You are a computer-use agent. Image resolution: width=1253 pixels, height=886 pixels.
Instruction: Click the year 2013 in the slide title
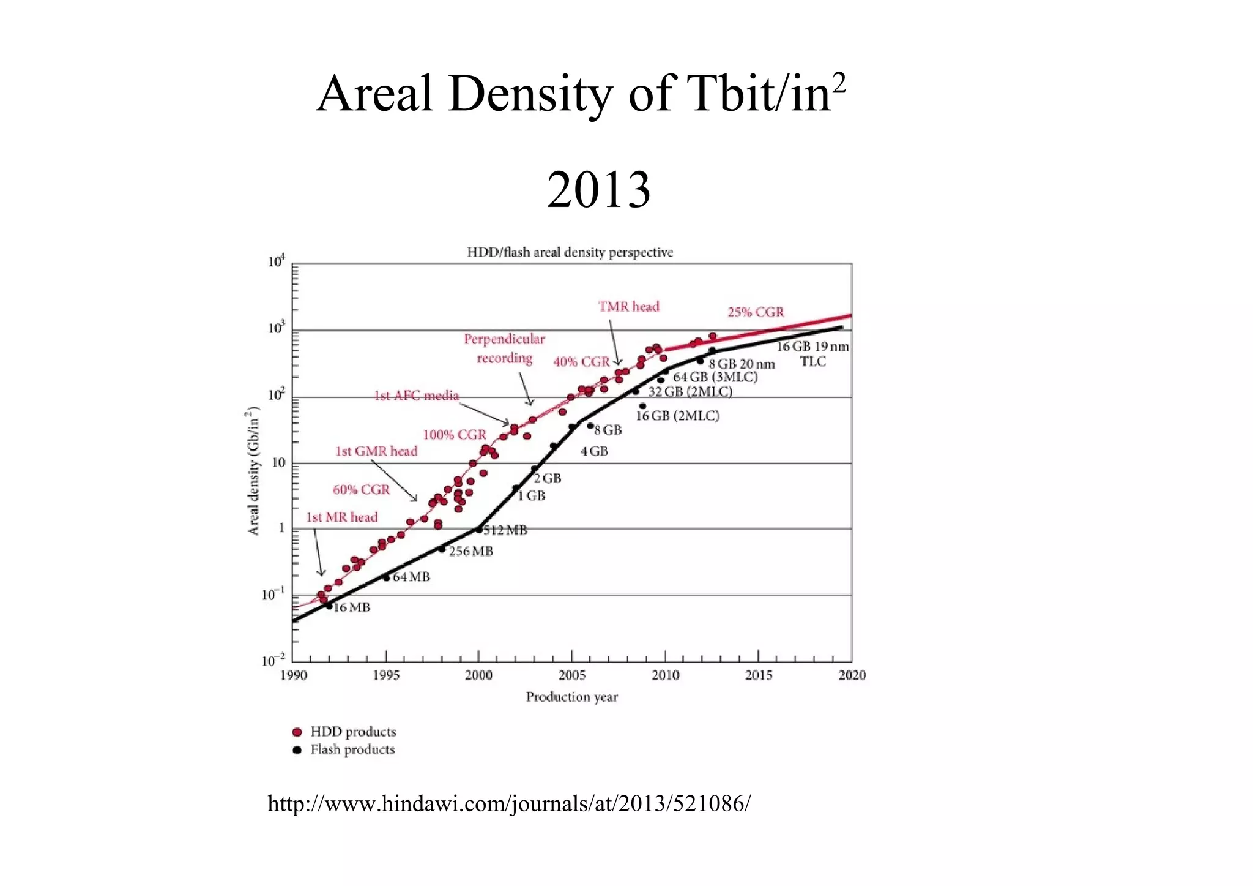(x=598, y=190)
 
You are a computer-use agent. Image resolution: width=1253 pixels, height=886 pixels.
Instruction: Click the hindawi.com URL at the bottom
(x=508, y=803)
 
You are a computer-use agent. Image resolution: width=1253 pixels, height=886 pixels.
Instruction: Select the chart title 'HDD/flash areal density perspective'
(x=570, y=252)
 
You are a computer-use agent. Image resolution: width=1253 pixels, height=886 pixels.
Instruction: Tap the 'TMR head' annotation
(x=628, y=306)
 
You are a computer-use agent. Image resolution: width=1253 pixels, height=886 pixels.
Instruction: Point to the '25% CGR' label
(x=755, y=312)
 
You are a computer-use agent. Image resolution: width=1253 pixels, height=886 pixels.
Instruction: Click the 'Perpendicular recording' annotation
(x=504, y=348)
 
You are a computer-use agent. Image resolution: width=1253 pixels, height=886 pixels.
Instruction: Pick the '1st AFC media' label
(x=416, y=396)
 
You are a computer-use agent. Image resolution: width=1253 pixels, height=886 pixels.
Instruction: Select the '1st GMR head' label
(x=376, y=451)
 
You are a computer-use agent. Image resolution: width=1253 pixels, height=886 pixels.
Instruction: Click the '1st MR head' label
(x=341, y=517)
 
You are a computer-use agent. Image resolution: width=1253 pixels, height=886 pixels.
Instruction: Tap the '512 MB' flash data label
(x=505, y=530)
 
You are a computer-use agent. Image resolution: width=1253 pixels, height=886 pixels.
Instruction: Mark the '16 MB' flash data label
(x=352, y=607)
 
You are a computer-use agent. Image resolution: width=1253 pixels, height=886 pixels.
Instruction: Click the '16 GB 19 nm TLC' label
(x=812, y=354)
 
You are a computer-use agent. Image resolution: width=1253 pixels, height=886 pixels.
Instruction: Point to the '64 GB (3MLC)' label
(x=715, y=377)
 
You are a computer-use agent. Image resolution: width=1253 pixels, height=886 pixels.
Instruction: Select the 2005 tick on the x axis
(x=571, y=675)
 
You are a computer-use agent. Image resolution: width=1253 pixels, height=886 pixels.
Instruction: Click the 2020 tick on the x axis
(x=852, y=675)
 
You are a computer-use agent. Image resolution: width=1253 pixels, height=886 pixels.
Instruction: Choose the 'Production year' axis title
(x=571, y=697)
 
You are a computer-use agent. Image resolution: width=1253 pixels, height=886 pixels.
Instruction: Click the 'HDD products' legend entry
(x=352, y=732)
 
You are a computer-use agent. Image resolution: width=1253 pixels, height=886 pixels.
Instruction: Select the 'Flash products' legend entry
(x=352, y=749)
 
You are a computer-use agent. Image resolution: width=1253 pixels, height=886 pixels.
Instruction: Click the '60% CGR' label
(x=361, y=490)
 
